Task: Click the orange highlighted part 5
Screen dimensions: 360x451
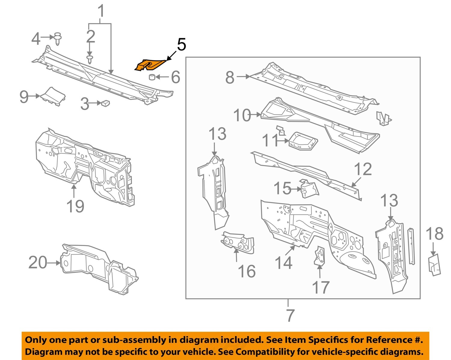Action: (149, 65)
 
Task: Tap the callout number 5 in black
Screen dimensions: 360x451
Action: (181, 45)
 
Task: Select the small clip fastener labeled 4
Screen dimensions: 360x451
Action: (58, 38)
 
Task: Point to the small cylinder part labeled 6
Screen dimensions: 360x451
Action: (152, 77)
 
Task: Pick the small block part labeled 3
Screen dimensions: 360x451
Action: (106, 103)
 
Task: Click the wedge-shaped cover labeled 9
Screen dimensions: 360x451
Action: (53, 96)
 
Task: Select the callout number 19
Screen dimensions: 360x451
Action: (75, 206)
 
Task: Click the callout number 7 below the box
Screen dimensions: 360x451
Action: (290, 315)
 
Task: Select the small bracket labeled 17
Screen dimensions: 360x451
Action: (320, 256)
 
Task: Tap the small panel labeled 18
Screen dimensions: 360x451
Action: (434, 264)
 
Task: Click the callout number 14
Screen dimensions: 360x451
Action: (283, 263)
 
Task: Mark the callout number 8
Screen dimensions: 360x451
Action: (230, 77)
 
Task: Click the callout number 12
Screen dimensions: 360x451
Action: (363, 169)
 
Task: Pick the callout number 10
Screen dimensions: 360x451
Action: (242, 115)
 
